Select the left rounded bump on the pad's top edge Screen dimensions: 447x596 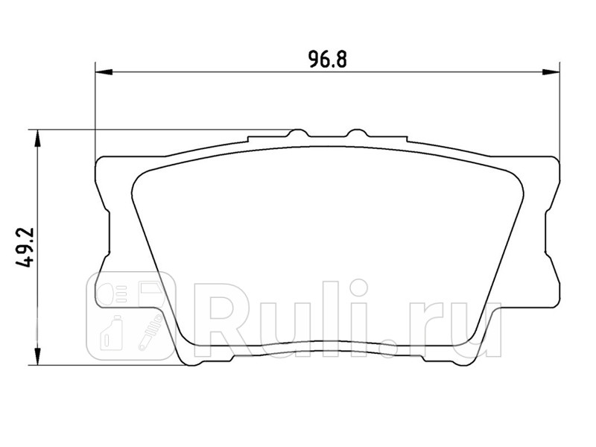coord(297,134)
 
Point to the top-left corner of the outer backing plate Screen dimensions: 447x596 coord(100,160)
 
